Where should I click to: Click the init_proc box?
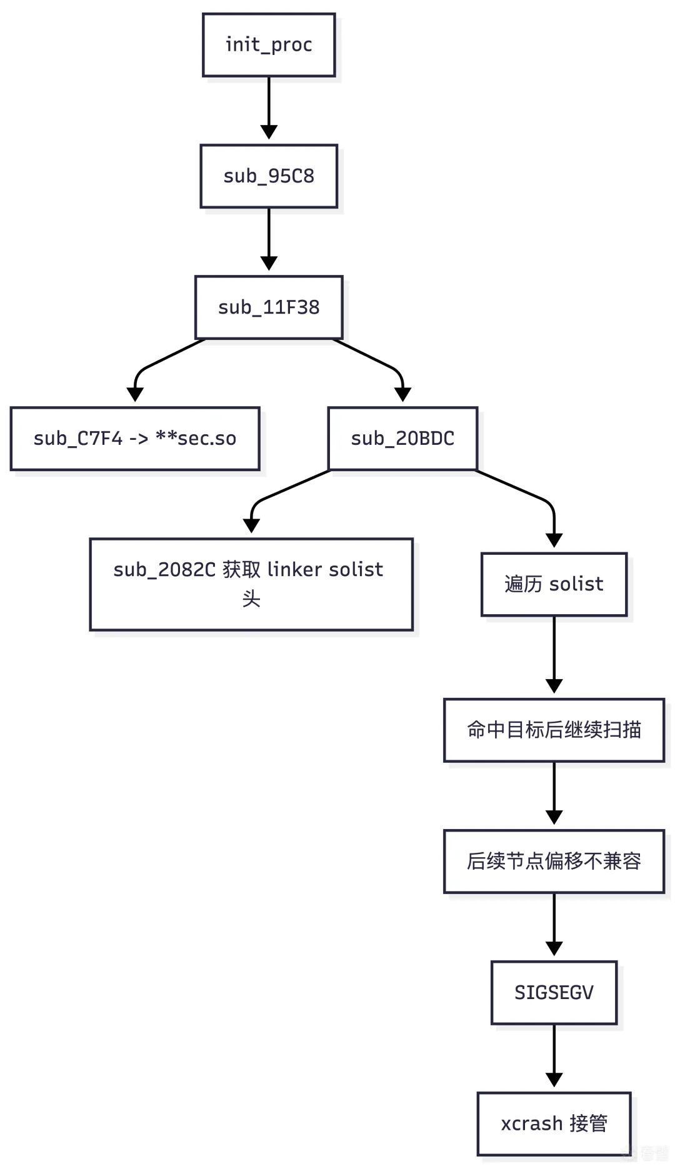click(269, 45)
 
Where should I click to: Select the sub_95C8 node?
click(269, 176)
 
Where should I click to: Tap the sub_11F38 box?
click(269, 307)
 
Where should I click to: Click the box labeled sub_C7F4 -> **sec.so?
click(135, 439)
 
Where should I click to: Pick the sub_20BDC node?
click(402, 439)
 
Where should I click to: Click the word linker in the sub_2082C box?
click(294, 569)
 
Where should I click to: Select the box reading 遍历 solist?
click(554, 584)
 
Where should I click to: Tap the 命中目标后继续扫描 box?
click(554, 730)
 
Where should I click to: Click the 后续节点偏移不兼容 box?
click(554, 861)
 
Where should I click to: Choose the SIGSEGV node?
click(554, 992)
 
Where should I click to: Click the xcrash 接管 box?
click(554, 1123)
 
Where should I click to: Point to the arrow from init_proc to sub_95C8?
click(269, 106)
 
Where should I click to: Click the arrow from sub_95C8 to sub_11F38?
click(269, 237)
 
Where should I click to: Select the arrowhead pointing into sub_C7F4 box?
click(135, 394)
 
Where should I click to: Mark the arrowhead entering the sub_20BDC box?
click(403, 394)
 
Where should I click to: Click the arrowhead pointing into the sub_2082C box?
click(251, 525)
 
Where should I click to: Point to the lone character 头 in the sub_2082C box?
click(251, 599)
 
